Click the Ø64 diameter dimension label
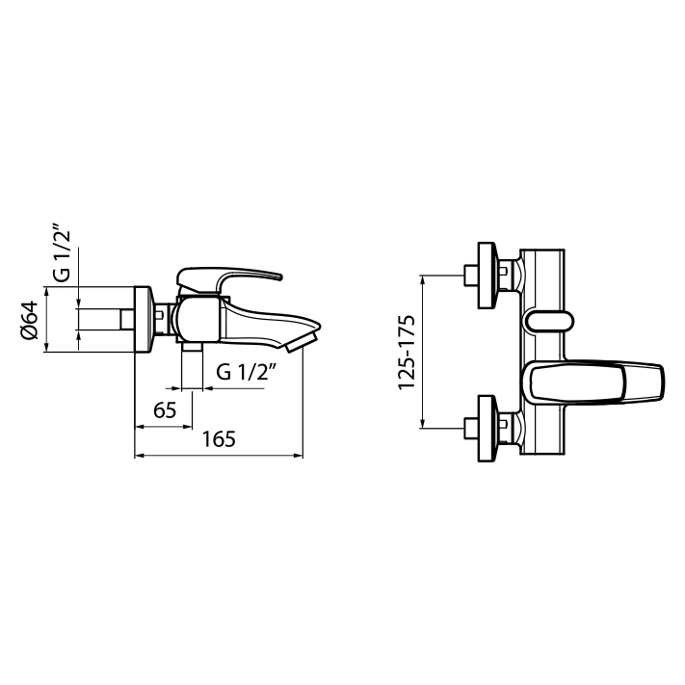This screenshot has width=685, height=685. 29,320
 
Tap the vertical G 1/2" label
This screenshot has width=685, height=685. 62,252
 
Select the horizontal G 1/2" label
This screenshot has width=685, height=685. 248,372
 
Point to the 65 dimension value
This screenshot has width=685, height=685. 165,409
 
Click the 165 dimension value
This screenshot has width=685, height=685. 219,439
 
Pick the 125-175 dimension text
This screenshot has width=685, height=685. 406,352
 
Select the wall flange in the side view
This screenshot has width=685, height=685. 144,319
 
